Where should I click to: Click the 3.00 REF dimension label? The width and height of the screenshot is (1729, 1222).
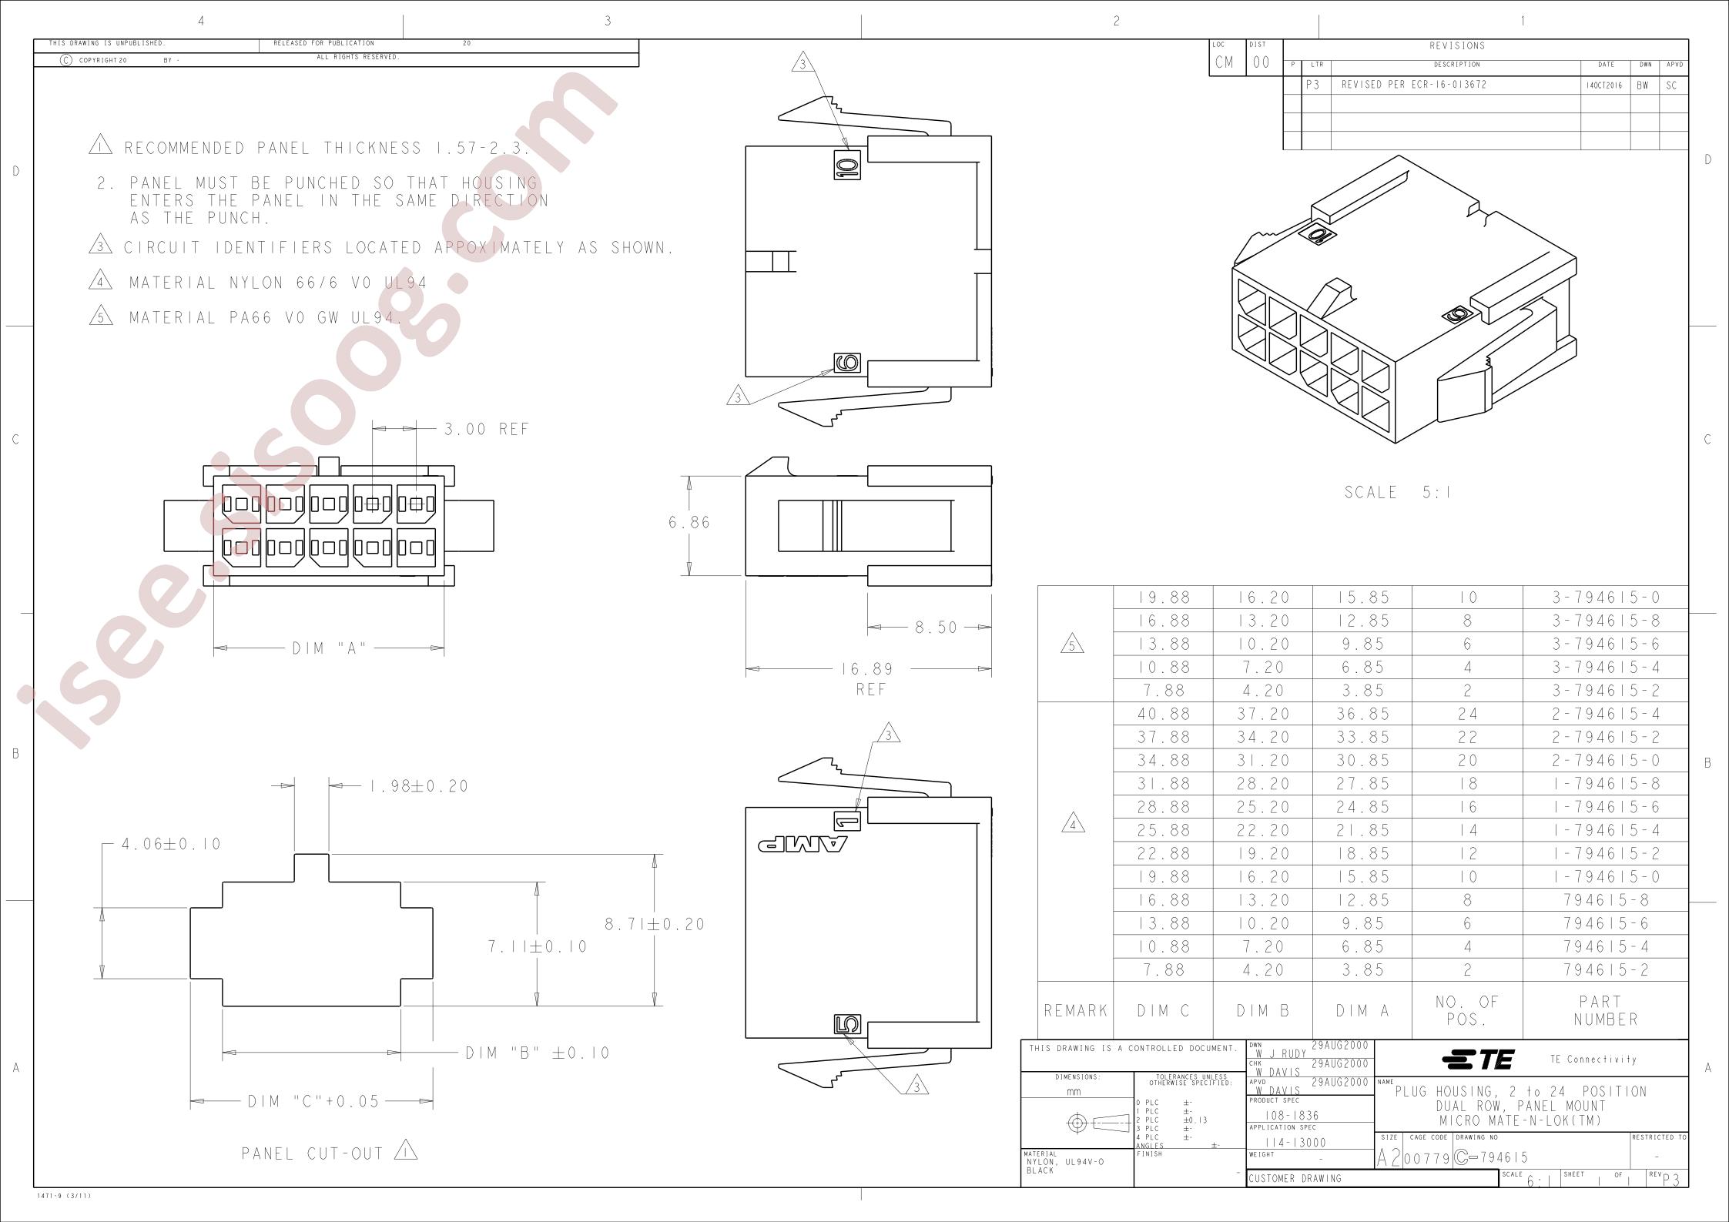point(487,429)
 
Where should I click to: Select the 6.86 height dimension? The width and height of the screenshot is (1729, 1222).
point(689,522)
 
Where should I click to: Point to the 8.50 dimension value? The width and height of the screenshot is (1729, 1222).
point(936,628)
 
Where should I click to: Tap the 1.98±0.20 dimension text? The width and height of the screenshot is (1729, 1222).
point(419,786)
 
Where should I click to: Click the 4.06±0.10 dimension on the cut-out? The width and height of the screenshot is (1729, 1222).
point(171,844)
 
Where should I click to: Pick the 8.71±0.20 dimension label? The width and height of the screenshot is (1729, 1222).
point(655,924)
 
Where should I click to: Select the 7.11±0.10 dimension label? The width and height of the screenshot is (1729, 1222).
point(537,946)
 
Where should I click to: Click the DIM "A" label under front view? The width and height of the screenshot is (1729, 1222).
point(329,649)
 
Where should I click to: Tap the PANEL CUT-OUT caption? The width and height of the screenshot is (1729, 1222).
point(313,1153)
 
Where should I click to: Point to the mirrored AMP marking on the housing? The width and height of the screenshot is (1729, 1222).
point(802,844)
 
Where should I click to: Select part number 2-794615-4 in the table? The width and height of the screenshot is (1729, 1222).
point(1606,714)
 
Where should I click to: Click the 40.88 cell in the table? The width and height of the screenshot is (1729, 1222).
point(1164,714)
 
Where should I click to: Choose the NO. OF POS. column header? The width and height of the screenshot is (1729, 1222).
point(1467,1010)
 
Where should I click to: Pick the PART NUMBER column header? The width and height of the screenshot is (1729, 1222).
point(1606,1010)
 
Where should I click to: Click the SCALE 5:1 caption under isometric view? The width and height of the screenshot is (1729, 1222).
point(1398,492)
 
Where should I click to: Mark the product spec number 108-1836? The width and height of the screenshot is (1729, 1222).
point(1297,1115)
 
